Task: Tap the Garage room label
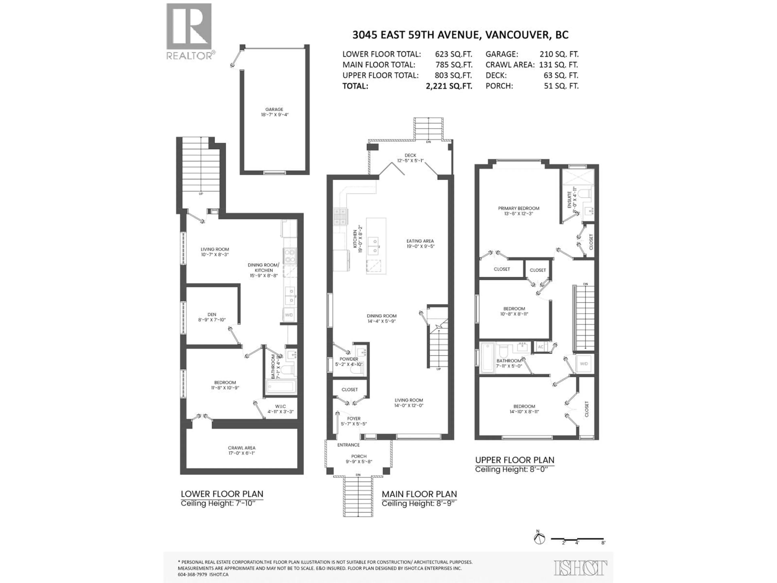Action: [274, 109]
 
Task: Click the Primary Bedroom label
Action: [518, 208]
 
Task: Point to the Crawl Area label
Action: [241, 448]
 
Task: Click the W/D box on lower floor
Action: [289, 315]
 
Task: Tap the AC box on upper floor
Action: [541, 347]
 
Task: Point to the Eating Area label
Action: [420, 241]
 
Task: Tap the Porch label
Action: [358, 456]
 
